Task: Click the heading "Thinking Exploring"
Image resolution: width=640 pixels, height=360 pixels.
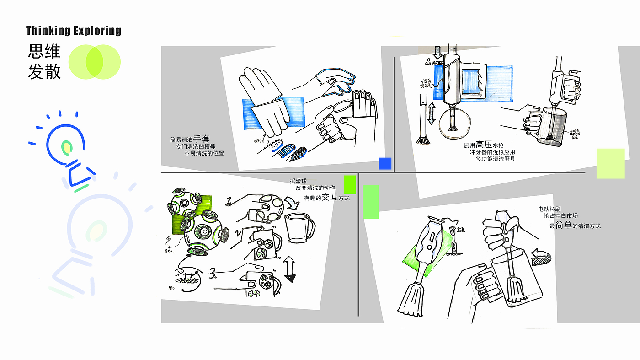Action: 74,31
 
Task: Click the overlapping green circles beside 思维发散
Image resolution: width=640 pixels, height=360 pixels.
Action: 94,62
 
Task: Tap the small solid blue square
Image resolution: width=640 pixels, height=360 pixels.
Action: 385,164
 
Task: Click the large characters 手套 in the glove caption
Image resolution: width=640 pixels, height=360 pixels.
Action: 202,139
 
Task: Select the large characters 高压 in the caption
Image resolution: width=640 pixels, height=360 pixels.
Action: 484,145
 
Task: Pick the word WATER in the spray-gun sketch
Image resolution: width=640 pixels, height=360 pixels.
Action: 437,63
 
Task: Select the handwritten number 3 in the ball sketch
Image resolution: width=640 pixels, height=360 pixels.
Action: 212,274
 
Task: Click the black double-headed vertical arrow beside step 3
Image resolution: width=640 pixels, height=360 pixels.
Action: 289,269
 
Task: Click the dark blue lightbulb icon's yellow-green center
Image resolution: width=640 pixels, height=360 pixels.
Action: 67,147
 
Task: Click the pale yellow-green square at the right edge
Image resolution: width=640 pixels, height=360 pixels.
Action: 610,163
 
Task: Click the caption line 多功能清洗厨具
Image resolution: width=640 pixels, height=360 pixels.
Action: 496,159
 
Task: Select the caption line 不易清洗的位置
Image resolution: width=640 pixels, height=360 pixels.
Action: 204,154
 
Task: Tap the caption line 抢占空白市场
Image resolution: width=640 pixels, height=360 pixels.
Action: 561,215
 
